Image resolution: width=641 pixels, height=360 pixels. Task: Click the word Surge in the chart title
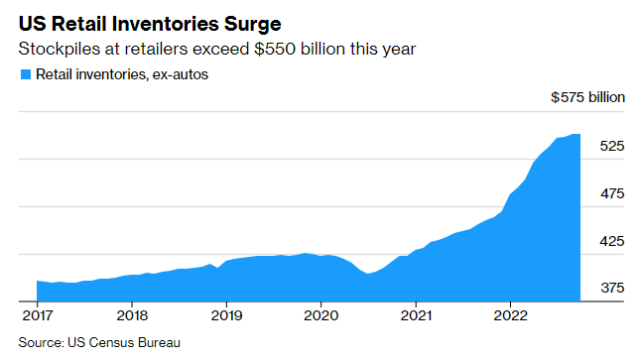click(252, 24)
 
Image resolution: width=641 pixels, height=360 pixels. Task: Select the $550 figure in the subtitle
click(275, 49)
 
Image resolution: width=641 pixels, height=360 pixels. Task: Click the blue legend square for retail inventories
click(26, 74)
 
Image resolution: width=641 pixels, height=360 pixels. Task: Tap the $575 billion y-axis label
click(587, 97)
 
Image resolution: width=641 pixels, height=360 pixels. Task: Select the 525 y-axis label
click(612, 146)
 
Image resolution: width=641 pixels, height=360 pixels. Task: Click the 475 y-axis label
click(612, 193)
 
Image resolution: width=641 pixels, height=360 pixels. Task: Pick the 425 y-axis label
click(612, 241)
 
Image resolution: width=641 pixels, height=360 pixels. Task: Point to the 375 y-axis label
click(612, 288)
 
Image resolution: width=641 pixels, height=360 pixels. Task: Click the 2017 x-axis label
click(37, 315)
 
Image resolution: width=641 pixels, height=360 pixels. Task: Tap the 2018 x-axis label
click(132, 315)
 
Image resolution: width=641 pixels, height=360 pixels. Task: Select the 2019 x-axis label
click(226, 315)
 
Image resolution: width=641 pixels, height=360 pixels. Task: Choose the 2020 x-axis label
click(320, 315)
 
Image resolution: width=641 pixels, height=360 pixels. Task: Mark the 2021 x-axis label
click(416, 315)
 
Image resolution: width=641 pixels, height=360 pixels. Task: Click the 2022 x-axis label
click(511, 315)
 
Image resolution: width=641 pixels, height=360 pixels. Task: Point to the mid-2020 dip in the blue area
click(368, 274)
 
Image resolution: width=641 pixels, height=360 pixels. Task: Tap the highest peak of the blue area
click(576, 134)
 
